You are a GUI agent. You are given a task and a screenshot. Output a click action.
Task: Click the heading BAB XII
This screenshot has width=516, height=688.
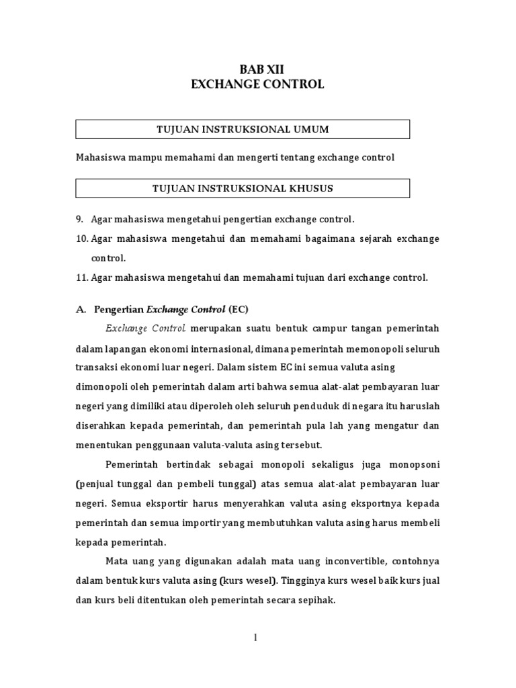pos(257,70)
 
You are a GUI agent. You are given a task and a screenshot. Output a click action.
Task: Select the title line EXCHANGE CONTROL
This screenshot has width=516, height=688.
pos(257,85)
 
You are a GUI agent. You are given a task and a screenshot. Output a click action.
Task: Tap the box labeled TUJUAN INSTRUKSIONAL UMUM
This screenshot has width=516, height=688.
pos(243,129)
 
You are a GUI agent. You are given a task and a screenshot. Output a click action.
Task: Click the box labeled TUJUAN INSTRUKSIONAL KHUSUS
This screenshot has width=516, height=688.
pos(243,188)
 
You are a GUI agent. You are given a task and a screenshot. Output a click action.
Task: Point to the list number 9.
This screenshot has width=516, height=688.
pos(79,220)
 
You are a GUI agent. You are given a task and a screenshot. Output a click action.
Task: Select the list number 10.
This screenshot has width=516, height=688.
pos(81,239)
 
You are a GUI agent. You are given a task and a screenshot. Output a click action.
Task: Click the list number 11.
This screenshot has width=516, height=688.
pos(81,277)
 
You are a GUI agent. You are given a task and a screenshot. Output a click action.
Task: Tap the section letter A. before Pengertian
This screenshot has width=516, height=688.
pos(81,309)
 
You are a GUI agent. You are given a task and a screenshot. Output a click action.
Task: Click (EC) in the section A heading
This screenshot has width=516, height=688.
pos(239,309)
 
